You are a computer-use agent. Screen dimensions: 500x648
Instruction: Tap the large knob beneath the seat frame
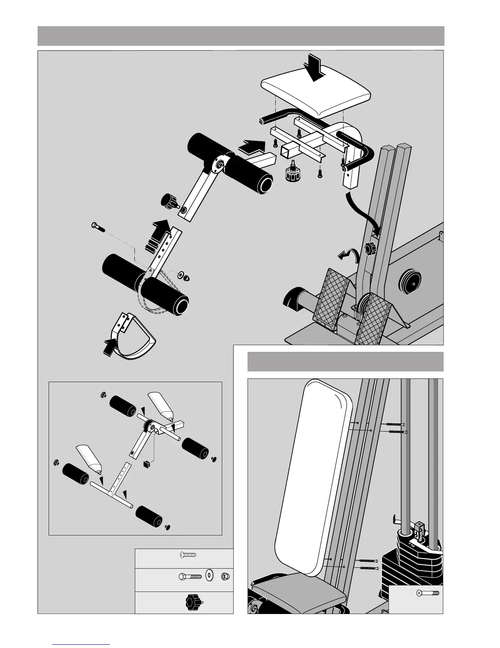(x=293, y=175)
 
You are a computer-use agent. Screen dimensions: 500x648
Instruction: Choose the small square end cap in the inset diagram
(x=147, y=464)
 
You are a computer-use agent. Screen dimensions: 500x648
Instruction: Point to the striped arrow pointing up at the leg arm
(x=158, y=235)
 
